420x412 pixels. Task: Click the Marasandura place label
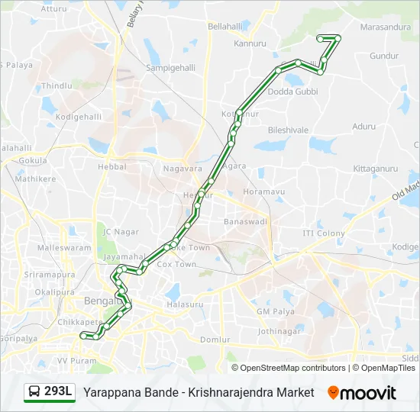[385, 27]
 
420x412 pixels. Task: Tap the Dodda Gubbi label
[292, 92]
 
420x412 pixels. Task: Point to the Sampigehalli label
[172, 67]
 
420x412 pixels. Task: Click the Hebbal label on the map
[111, 166]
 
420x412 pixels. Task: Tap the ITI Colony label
[324, 233]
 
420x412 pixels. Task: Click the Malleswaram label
[64, 249]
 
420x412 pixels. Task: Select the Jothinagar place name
[279, 332]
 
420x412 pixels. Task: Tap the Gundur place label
[383, 56]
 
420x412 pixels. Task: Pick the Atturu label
[53, 9]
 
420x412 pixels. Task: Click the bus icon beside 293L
[34, 392]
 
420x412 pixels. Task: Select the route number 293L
[58, 392]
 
